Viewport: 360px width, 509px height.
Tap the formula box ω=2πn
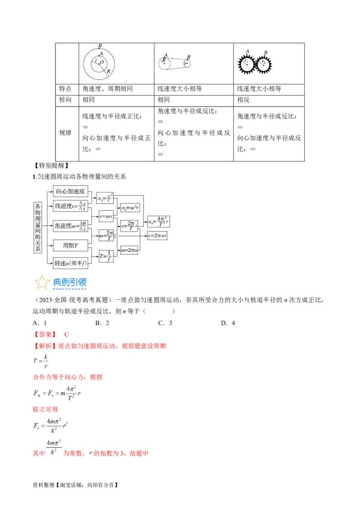pyautogui.click(x=129, y=250)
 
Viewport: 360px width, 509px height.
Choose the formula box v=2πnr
pyautogui.click(x=159, y=235)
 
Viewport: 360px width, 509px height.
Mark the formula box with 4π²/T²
pyautogui.click(x=159, y=221)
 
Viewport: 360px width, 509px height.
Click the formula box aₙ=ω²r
pyautogui.click(x=129, y=208)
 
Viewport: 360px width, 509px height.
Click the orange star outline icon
pyautogui.click(x=42, y=282)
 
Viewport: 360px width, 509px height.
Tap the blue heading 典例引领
pyautogui.click(x=70, y=282)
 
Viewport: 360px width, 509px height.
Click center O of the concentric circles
pyautogui.click(x=99, y=63)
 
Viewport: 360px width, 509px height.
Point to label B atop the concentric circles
pyautogui.click(x=99, y=46)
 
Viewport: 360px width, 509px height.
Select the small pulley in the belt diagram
pyautogui.click(x=187, y=64)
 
